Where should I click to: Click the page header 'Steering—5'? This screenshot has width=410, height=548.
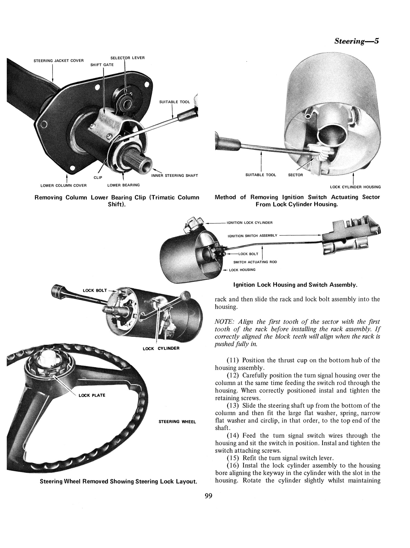pos(356,41)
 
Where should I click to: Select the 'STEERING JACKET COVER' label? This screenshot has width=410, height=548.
pos(58,61)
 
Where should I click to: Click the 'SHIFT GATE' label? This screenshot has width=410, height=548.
pos(102,65)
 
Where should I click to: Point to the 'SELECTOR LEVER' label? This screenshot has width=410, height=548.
pos(127,58)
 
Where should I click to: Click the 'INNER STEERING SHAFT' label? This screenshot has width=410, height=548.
pos(174,176)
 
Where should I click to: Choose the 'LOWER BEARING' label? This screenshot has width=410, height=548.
pos(123,185)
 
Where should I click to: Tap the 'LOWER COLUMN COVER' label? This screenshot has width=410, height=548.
pos(63,185)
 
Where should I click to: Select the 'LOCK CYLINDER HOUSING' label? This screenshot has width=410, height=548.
pos(355,187)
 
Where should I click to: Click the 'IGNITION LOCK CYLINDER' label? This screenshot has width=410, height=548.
pos(249,223)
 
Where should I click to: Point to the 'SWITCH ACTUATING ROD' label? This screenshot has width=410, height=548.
pos(255,262)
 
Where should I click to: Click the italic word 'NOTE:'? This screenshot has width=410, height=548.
pos(224,322)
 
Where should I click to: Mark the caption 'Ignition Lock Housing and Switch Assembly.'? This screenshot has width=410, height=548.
pos(295,285)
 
